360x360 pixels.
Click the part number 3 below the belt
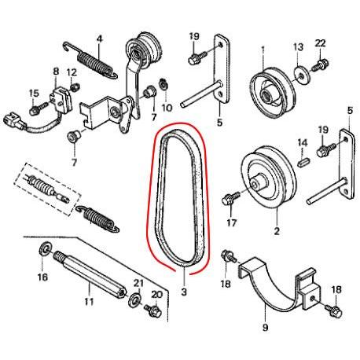pos(184,292)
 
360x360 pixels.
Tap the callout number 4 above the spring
pos(99,39)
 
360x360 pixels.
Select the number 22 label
pos(320,43)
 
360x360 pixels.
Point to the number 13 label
pos(298,47)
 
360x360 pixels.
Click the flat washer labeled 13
pos(302,76)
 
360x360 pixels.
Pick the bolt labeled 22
pos(321,65)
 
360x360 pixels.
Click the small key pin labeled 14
pos(303,161)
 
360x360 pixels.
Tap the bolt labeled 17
pos(230,199)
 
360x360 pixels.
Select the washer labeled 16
pos(45,248)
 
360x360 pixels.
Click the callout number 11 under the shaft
pos(89,301)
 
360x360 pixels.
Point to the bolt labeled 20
pos(152,310)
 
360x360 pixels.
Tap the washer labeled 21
pos(134,300)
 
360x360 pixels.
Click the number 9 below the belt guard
pos(265,327)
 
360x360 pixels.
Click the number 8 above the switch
pos(56,72)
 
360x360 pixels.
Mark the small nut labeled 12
pos(75,86)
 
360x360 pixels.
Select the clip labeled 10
pos(163,84)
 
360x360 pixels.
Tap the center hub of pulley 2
pos(257,183)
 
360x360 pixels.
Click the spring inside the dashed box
pos(42,186)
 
